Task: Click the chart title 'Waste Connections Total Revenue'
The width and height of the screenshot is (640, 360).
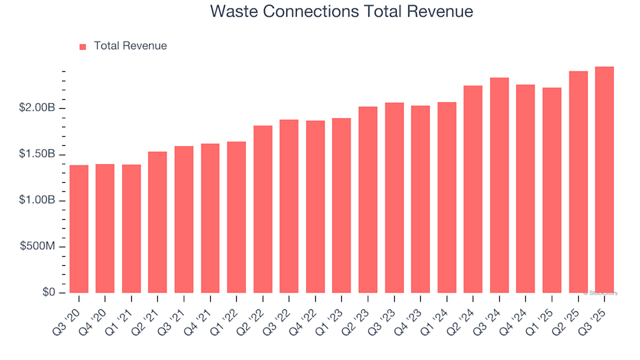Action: click(x=341, y=12)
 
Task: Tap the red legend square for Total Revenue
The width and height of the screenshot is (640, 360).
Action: click(x=83, y=47)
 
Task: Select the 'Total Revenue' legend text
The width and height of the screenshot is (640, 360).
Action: click(x=130, y=46)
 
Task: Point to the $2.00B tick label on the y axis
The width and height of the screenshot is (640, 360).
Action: click(x=37, y=109)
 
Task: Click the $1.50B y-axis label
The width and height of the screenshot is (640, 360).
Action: click(x=37, y=155)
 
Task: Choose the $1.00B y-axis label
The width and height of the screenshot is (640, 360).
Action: click(x=37, y=201)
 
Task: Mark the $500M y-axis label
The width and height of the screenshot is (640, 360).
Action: click(x=38, y=247)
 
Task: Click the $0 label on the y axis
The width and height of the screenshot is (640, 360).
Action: click(x=48, y=293)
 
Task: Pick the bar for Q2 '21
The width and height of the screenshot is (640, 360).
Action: click(x=157, y=222)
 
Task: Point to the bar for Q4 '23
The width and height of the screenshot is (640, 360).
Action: click(x=420, y=199)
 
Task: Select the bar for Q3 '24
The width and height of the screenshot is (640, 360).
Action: click(x=499, y=185)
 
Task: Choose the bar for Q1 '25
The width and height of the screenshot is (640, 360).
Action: click(x=552, y=190)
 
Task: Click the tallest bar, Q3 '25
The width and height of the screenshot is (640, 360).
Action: click(x=604, y=180)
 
